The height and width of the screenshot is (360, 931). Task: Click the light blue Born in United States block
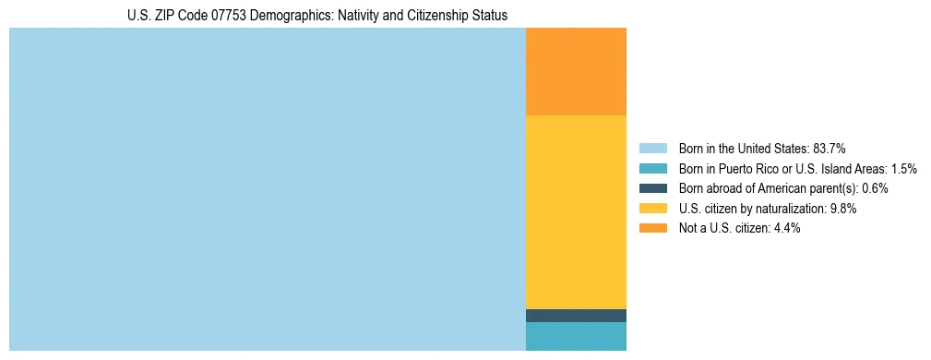[x=267, y=189]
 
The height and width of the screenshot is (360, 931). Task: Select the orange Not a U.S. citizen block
[x=576, y=71]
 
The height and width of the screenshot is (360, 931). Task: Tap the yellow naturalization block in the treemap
[x=576, y=211]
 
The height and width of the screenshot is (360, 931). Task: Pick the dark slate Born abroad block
[x=576, y=316]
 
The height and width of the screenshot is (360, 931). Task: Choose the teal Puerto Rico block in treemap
[x=576, y=337]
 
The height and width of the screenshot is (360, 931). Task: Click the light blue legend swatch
[x=652, y=149]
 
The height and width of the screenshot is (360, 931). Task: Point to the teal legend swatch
[x=652, y=169]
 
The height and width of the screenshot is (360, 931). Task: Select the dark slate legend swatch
[x=652, y=188]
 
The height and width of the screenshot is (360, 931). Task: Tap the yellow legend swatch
[x=652, y=209]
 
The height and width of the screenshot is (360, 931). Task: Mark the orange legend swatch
[x=652, y=229]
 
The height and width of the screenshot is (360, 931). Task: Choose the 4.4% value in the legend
[x=786, y=229]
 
